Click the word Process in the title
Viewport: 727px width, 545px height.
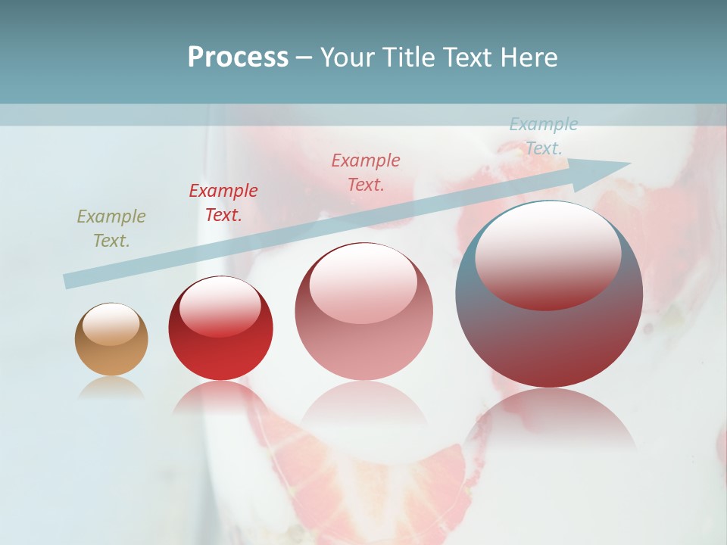(x=238, y=58)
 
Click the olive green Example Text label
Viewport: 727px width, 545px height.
(x=111, y=229)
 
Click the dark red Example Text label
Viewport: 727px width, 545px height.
(x=223, y=203)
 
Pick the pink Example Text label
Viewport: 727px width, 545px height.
(x=366, y=173)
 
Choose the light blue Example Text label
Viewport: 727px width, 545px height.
(x=544, y=136)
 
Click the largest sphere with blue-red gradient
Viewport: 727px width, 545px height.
(x=549, y=341)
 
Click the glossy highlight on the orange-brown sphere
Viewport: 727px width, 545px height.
(x=111, y=324)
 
